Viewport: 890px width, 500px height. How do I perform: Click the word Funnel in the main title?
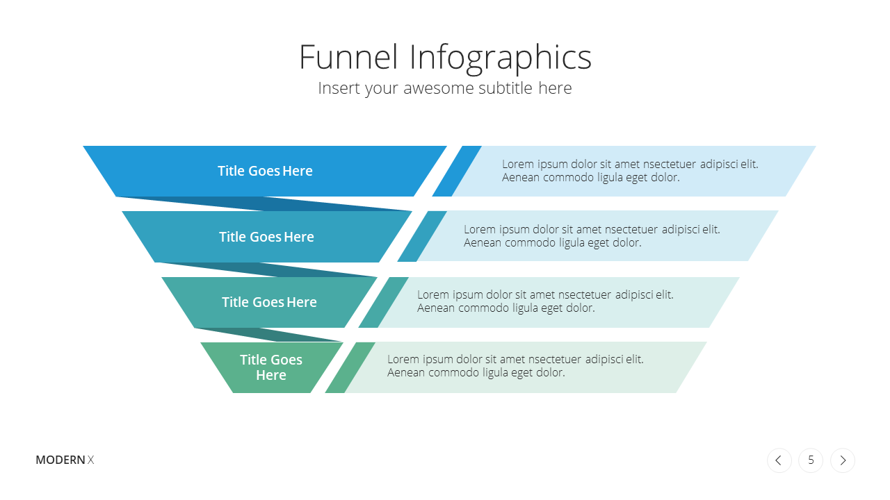(348, 57)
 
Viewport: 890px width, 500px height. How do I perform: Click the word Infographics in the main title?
(500, 59)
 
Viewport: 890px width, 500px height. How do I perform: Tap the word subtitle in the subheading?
(505, 87)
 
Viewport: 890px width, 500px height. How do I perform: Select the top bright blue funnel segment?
(265, 171)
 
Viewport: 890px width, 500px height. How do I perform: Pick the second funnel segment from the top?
(266, 237)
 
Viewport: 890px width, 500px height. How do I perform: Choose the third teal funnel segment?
(269, 302)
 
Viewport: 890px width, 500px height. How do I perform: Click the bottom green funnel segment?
(271, 367)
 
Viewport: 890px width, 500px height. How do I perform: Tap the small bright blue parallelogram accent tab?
(457, 171)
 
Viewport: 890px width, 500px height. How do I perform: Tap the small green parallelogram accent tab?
(350, 367)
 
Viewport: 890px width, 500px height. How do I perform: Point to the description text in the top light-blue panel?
(630, 171)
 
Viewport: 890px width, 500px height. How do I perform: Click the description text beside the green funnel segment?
(515, 366)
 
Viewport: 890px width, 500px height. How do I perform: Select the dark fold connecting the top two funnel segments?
(264, 203)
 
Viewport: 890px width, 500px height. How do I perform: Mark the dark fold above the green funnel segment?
(268, 335)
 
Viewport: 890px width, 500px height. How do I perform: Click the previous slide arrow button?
(779, 460)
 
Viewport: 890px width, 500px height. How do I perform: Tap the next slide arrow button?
(843, 460)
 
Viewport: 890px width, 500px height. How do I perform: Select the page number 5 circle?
(811, 460)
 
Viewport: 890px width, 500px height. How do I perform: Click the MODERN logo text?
(60, 460)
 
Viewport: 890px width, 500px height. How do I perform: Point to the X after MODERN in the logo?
(90, 460)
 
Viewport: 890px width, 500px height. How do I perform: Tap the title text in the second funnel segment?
(266, 237)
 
